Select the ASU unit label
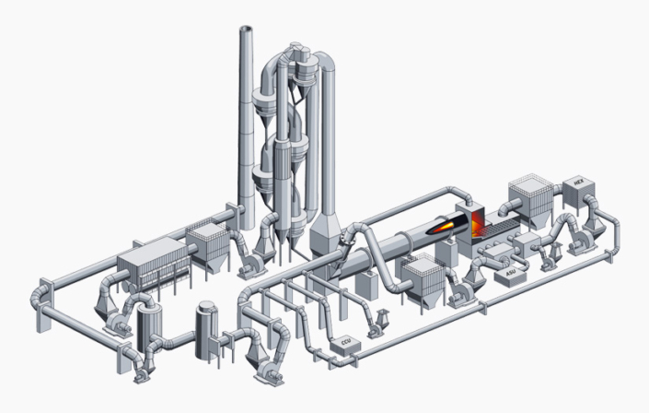pos(511,273)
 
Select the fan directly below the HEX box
pos(579,239)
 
